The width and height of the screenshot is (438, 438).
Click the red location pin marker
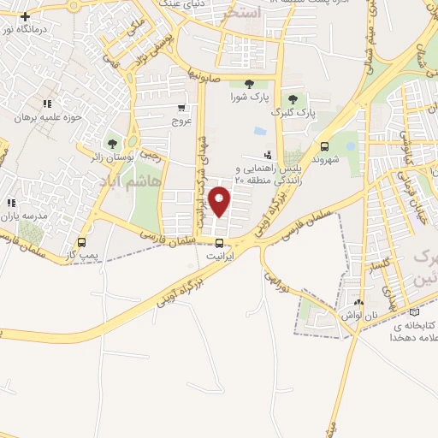pos(221,202)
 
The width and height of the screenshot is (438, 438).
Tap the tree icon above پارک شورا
pos(249,84)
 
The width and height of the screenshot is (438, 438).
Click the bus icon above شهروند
pos(325,145)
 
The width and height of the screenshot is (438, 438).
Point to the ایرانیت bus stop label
pos(220,256)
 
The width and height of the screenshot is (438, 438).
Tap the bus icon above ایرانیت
pos(220,243)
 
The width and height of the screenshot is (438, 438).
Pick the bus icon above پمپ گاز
pos(81,243)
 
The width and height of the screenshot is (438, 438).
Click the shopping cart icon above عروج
pos(181,108)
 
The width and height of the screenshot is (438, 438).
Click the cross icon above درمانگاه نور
pos(25,16)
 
